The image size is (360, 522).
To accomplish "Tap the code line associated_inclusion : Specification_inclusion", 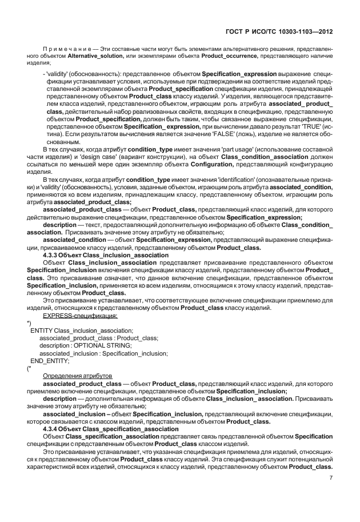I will click(x=103, y=353).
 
